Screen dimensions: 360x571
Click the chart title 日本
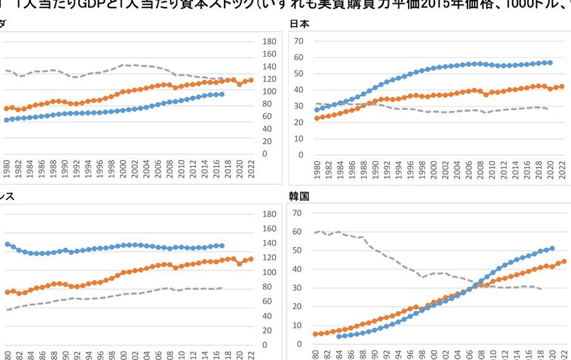pyautogui.click(x=300, y=24)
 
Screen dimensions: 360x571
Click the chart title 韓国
pyautogui.click(x=300, y=196)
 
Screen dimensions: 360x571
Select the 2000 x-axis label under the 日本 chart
pyautogui.click(x=433, y=172)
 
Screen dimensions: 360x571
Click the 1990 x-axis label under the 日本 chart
pyautogui.click(x=375, y=172)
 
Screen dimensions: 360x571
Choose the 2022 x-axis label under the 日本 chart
pyautogui.click(x=561, y=172)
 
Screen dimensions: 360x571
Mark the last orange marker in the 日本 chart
pyautogui.click(x=561, y=86)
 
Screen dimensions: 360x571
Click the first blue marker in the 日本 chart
pyautogui.click(x=317, y=110)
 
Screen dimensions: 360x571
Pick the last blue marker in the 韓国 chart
pyautogui.click(x=551, y=248)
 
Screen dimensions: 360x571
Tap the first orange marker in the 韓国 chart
pyautogui.click(x=315, y=334)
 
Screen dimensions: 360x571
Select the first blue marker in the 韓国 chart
pyautogui.click(x=339, y=336)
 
